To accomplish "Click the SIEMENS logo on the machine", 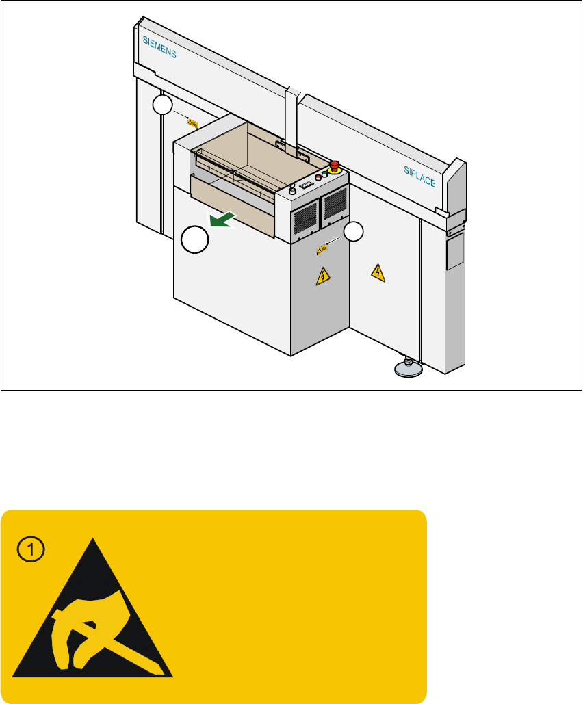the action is click(x=159, y=47).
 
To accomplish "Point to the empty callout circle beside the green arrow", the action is click(x=195, y=242).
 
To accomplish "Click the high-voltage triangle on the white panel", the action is click(x=377, y=273).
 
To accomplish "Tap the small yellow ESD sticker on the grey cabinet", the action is click(x=321, y=250).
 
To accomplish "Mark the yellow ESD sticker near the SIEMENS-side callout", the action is click(x=193, y=123).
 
